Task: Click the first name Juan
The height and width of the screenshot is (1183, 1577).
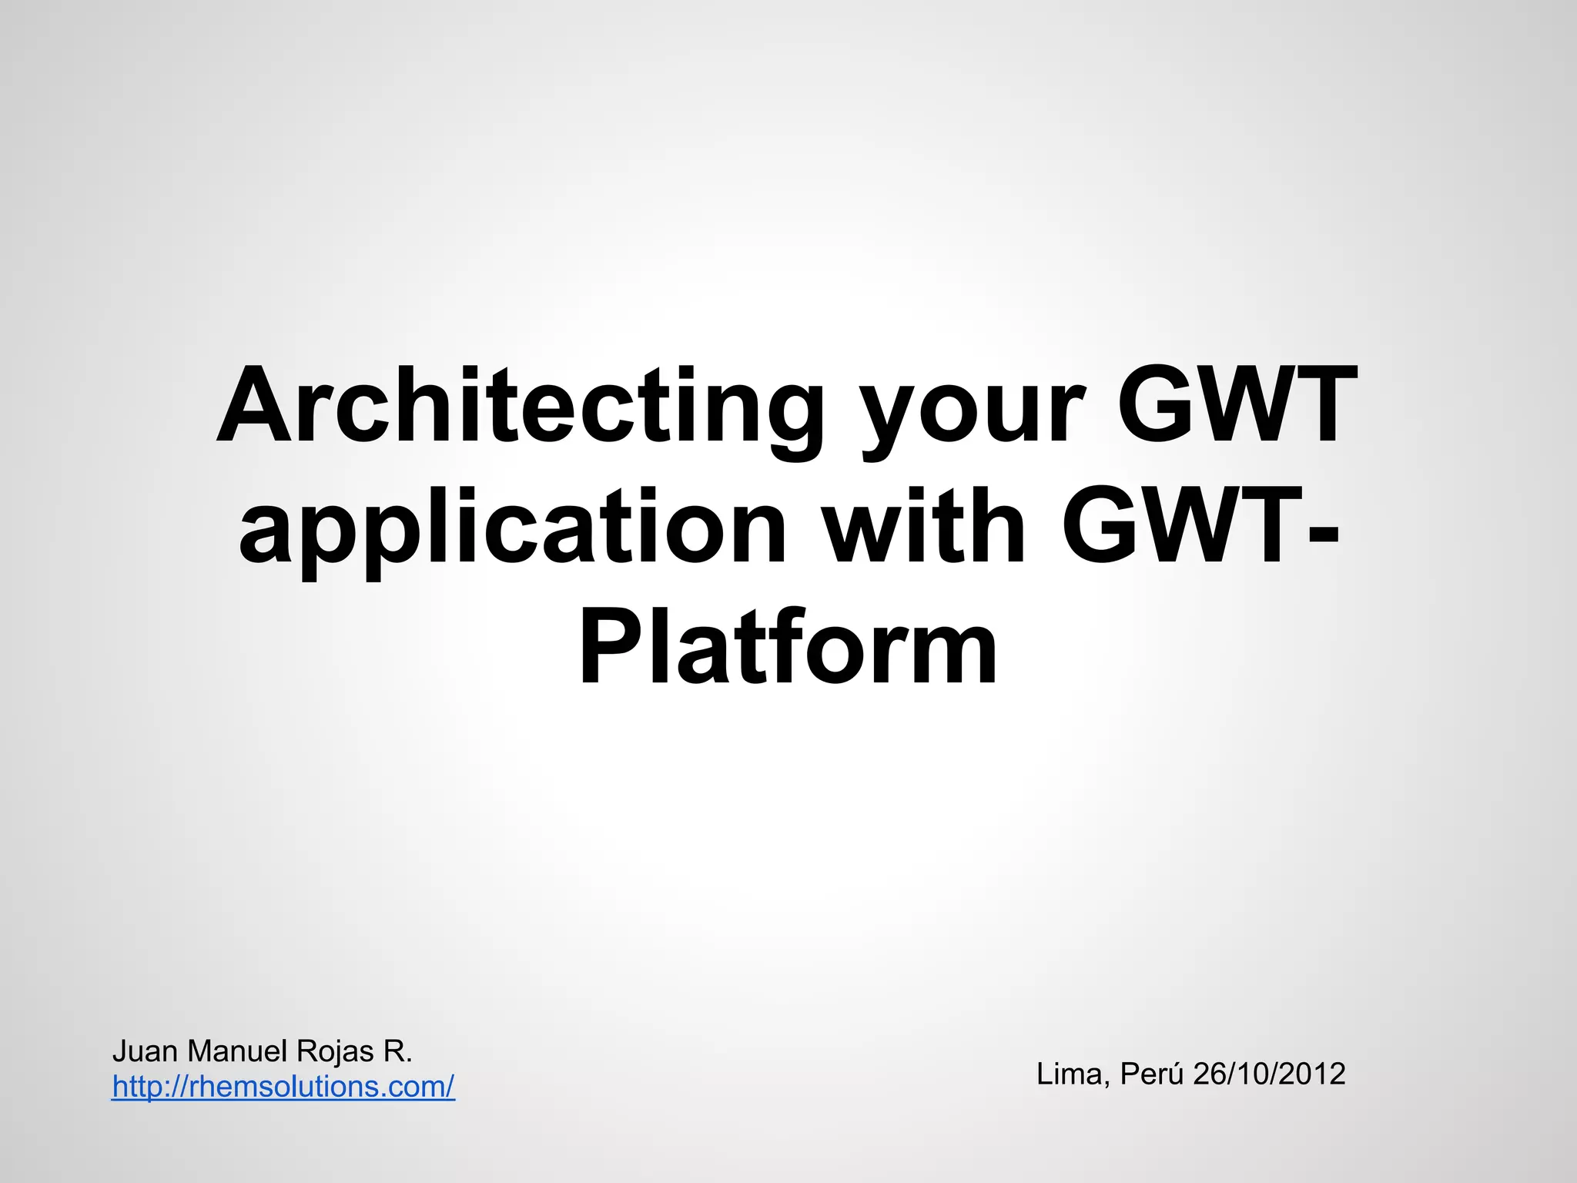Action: click(146, 1051)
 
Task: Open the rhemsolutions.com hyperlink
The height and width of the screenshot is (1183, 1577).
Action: click(283, 1087)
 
